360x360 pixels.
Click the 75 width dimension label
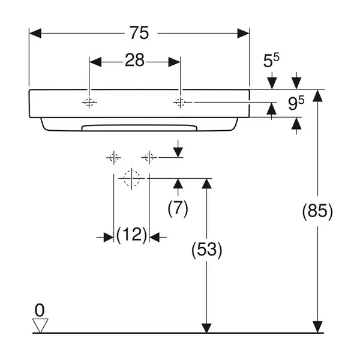(x=139, y=33)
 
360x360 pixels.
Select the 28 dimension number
(x=134, y=60)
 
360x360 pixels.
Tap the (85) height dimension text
(x=317, y=211)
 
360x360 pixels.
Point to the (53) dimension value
(x=206, y=250)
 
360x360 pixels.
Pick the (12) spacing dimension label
(x=131, y=235)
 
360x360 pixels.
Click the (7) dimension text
(x=178, y=208)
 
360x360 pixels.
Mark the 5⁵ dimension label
(x=271, y=60)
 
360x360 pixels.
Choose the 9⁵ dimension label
(x=296, y=103)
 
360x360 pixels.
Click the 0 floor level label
(x=40, y=310)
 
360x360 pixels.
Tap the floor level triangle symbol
(x=40, y=325)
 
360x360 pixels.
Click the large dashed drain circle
(x=131, y=178)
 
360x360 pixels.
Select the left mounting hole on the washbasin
(x=89, y=103)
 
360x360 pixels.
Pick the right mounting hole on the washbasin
(x=181, y=103)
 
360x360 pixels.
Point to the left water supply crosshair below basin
(x=113, y=158)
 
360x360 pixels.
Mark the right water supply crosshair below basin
(x=149, y=158)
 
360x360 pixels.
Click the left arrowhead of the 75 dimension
(x=35, y=33)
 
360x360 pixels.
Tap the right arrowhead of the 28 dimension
(x=174, y=62)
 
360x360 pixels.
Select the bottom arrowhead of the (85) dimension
(x=317, y=326)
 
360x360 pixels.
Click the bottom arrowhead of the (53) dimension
(x=206, y=328)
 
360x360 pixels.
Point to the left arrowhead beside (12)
(x=109, y=238)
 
